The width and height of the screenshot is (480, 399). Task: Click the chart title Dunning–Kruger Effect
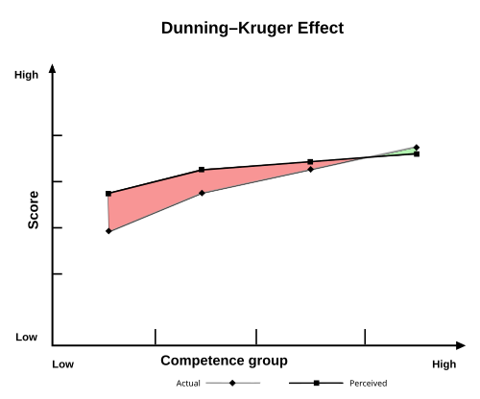(x=252, y=29)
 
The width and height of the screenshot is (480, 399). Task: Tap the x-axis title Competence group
(x=224, y=361)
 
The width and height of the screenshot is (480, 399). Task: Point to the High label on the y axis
(x=26, y=75)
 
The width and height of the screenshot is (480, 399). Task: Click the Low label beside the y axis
(x=26, y=338)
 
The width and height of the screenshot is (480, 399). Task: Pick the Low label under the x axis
(x=62, y=364)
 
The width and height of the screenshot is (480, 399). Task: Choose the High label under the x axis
(x=444, y=364)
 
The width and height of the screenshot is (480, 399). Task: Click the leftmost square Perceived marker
(x=108, y=194)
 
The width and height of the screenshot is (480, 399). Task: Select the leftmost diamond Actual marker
(x=108, y=231)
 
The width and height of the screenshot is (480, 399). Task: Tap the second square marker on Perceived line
(x=202, y=170)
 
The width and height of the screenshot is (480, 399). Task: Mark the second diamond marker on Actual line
(x=202, y=194)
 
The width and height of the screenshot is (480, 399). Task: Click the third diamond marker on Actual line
(x=310, y=170)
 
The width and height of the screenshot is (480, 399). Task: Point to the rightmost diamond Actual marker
(x=417, y=148)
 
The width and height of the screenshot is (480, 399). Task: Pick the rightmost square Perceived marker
(x=417, y=153)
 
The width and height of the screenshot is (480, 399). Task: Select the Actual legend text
(x=188, y=384)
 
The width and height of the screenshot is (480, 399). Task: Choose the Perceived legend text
(x=369, y=384)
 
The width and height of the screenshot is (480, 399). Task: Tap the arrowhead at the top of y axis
(x=52, y=68)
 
